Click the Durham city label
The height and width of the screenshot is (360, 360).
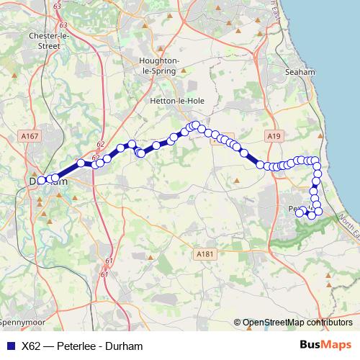point(50,181)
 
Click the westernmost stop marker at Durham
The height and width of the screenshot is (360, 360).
point(42,180)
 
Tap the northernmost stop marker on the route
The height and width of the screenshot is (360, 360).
point(195,125)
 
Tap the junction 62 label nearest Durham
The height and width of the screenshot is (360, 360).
point(95,157)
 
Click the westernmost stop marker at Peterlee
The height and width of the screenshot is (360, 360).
point(300,212)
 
